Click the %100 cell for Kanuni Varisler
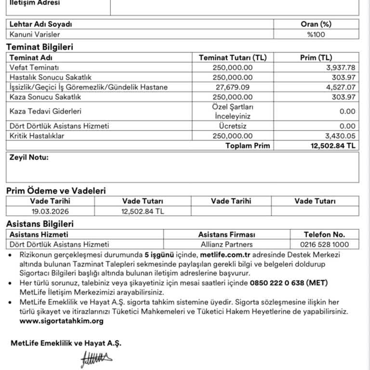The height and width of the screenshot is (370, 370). [x=316, y=34]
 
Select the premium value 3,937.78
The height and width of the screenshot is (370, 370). [x=341, y=67]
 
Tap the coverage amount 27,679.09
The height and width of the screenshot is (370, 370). [x=232, y=87]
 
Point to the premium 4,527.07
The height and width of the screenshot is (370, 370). [x=341, y=87]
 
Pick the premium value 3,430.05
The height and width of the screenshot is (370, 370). [x=341, y=136]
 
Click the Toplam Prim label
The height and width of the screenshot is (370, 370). [x=248, y=145]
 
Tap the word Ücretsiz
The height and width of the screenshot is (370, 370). [x=232, y=126]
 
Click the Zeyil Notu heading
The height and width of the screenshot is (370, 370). [x=29, y=157]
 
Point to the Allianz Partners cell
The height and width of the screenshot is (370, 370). [x=226, y=244]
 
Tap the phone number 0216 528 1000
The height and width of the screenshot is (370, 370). [x=325, y=244]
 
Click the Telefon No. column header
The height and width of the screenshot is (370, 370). [x=325, y=235]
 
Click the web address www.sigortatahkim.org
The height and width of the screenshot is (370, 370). [x=62, y=321]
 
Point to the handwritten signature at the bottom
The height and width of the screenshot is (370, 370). [x=96, y=358]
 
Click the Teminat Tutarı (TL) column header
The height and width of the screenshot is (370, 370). [x=232, y=57]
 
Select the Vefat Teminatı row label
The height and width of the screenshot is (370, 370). [x=34, y=67]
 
